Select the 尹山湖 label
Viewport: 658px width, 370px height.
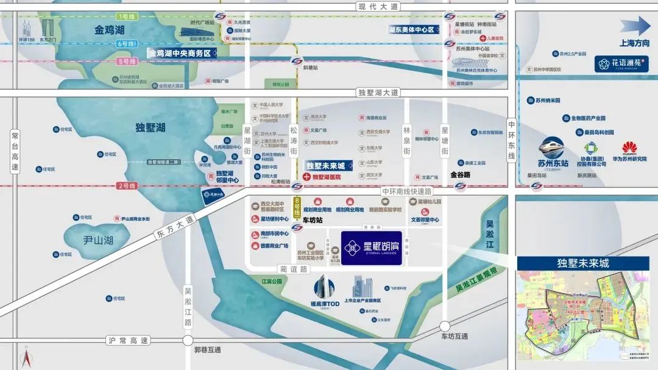pyautogui.click(x=98, y=240)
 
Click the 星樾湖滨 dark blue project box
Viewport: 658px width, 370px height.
pyautogui.click(x=371, y=247)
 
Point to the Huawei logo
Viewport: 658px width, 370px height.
pyautogui.click(x=629, y=149)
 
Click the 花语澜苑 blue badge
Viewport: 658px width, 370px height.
pyautogui.click(x=621, y=63)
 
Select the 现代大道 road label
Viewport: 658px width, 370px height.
pyautogui.click(x=378, y=5)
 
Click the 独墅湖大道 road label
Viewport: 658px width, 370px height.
pyautogui.click(x=378, y=92)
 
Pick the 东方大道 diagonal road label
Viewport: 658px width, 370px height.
pyautogui.click(x=172, y=226)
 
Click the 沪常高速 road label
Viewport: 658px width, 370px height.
pyautogui.click(x=127, y=340)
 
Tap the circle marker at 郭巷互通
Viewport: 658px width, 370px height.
pyautogui.click(x=188, y=340)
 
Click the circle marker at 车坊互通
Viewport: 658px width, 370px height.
pyautogui.click(x=445, y=326)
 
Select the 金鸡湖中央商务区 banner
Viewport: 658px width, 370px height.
pyautogui.click(x=180, y=53)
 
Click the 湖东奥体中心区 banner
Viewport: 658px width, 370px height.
pyautogui.click(x=414, y=29)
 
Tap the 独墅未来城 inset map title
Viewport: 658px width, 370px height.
pyautogui.click(x=582, y=263)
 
